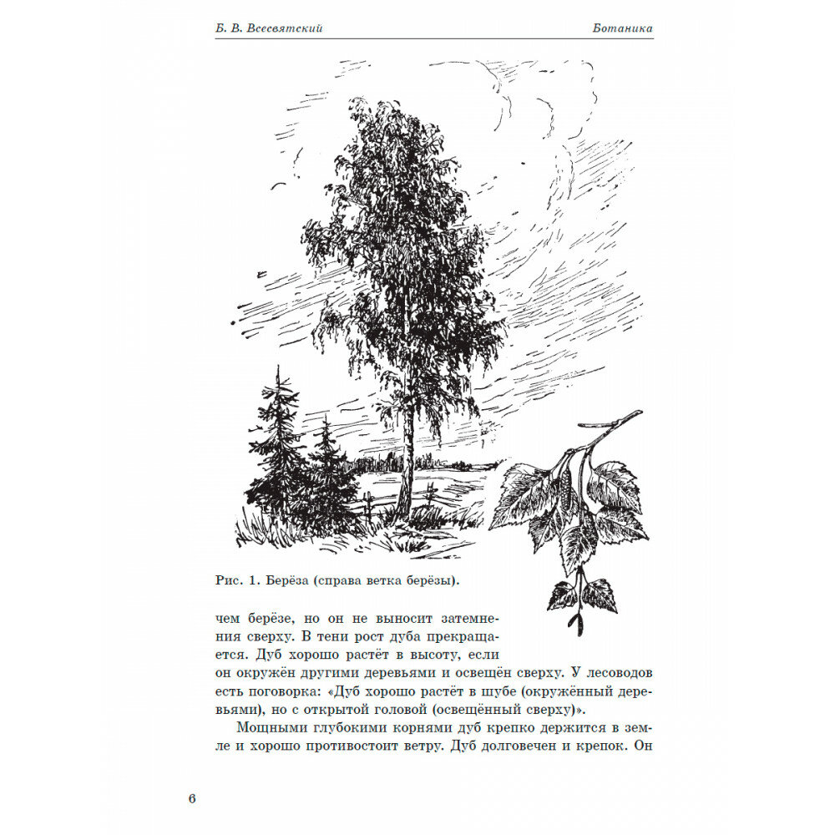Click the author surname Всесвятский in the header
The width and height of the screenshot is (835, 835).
pos(282,28)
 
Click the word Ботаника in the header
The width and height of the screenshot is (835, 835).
pos(619,28)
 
